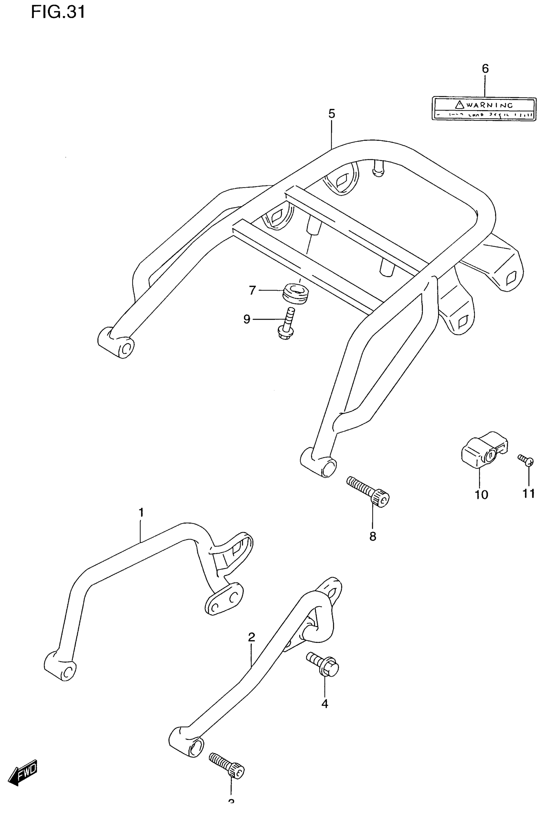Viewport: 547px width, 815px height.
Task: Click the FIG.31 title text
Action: pyautogui.click(x=58, y=12)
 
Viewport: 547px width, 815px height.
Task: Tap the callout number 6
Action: pyautogui.click(x=485, y=69)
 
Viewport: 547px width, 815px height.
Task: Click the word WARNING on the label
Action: pyautogui.click(x=489, y=105)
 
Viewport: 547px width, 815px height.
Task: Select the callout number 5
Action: pyautogui.click(x=331, y=114)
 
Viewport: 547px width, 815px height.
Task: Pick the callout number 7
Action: pyautogui.click(x=253, y=290)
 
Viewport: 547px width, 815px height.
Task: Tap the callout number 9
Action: pyautogui.click(x=247, y=319)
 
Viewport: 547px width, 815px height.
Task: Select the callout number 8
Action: pyautogui.click(x=373, y=537)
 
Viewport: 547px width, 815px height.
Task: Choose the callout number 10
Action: pyautogui.click(x=481, y=494)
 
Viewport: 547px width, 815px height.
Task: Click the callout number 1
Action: pyautogui.click(x=141, y=512)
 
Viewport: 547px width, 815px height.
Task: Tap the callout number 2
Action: pyautogui.click(x=252, y=637)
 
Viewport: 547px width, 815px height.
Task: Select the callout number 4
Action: pyautogui.click(x=325, y=704)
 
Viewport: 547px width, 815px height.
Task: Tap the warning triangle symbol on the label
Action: pyautogui.click(x=459, y=104)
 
